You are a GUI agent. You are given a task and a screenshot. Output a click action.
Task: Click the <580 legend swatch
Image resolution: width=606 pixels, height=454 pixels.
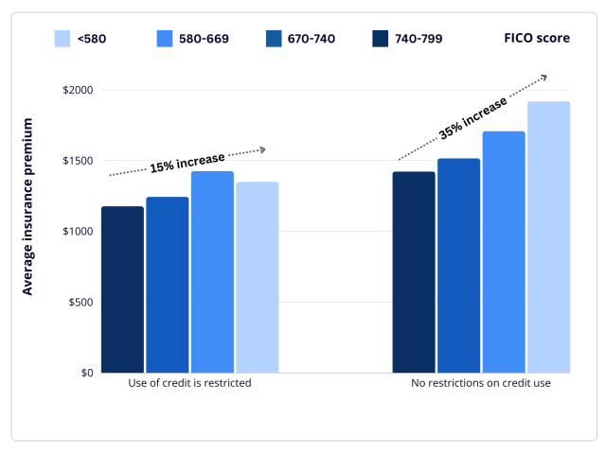tap(62, 39)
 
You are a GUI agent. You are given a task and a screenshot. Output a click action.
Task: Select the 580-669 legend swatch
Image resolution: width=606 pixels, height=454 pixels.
tap(165, 39)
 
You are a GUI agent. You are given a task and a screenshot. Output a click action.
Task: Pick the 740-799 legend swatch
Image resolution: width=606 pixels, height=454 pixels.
tap(380, 39)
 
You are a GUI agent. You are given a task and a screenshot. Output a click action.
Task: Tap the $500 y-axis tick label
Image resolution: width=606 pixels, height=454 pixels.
tap(81, 302)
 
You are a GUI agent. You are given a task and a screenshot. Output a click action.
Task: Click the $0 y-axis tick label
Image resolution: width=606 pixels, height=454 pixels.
tap(85, 373)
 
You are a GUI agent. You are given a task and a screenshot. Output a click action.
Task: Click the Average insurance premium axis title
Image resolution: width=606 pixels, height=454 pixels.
tap(27, 206)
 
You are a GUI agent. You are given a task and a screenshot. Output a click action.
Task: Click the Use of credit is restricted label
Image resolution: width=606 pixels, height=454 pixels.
tap(189, 384)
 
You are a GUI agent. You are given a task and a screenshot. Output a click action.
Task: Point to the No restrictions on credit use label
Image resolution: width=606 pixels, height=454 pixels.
tap(481, 384)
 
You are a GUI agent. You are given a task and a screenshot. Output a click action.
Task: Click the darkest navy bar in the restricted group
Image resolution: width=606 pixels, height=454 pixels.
tap(122, 289)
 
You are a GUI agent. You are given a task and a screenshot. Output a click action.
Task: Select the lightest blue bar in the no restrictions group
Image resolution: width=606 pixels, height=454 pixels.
tap(548, 236)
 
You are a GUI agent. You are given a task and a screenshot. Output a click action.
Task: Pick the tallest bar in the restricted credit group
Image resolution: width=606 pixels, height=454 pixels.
tap(212, 271)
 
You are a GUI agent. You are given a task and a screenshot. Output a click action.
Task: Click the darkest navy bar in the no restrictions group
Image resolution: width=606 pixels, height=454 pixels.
tap(414, 272)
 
